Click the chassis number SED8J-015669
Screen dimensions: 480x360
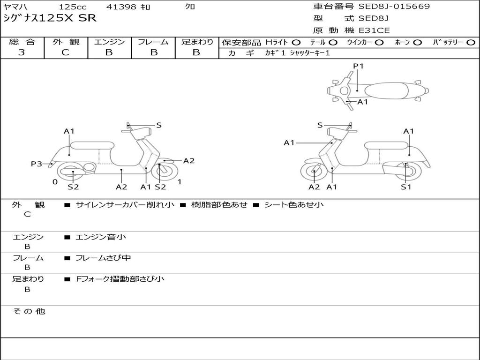pyautogui.click(x=394, y=7)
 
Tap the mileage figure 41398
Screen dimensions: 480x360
pyautogui.click(x=121, y=7)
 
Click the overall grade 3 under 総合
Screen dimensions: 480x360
pyautogui.click(x=22, y=52)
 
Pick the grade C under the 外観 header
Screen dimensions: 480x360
pyautogui.click(x=66, y=52)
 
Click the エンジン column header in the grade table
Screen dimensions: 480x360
pyautogui.click(x=109, y=42)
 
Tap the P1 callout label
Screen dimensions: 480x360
pyautogui.click(x=359, y=66)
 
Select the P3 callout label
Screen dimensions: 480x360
pyautogui.click(x=37, y=164)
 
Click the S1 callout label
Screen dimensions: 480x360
pyautogui.click(x=406, y=187)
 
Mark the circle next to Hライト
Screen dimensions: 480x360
pyautogui.click(x=296, y=43)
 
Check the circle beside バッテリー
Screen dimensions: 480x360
pyautogui.click(x=471, y=43)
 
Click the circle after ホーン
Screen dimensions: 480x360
pyautogui.click(x=417, y=43)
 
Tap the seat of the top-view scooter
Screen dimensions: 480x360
pyautogui.click(x=387, y=90)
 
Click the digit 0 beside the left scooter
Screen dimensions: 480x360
pyautogui.click(x=55, y=182)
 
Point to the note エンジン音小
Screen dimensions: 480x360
pyautogui.click(x=101, y=237)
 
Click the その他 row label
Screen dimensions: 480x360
pyautogui.click(x=29, y=311)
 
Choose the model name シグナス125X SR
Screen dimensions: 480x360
pyautogui.click(x=49, y=18)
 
